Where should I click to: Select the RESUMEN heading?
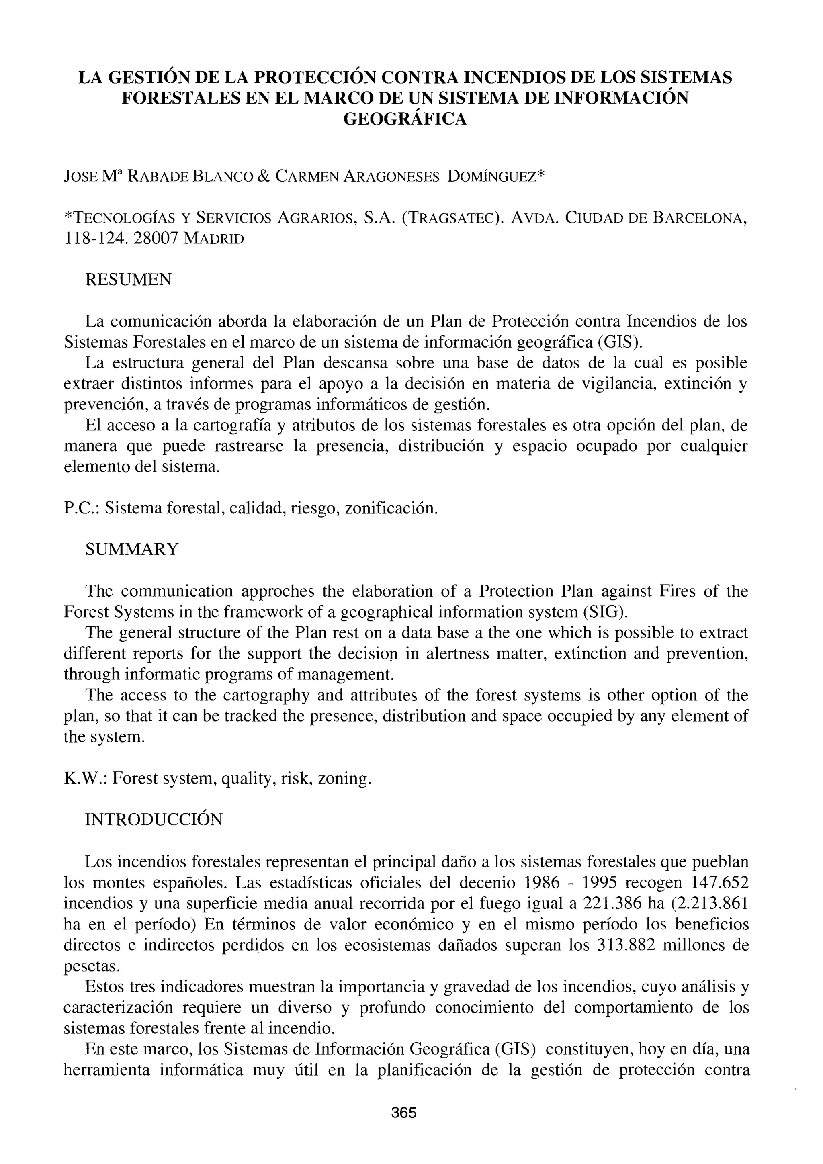(x=128, y=279)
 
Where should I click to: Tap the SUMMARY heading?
(x=132, y=549)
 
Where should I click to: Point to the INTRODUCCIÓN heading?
(x=154, y=820)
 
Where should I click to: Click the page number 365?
(x=403, y=1113)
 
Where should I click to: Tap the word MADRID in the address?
(x=213, y=239)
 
